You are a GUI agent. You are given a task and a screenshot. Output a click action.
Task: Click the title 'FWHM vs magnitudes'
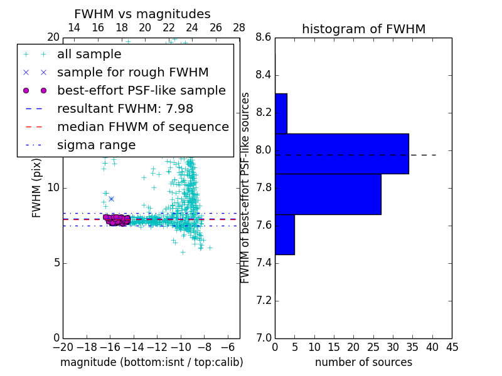tap(142, 14)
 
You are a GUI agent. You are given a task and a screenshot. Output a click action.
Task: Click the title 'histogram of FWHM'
tap(363, 29)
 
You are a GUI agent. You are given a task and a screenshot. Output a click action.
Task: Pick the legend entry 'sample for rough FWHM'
tap(132, 72)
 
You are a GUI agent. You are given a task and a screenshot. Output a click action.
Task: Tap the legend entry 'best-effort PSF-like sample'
tap(141, 90)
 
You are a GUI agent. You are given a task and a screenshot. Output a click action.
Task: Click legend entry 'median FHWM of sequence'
tap(142, 127)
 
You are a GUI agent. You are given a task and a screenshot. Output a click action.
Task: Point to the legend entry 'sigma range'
tap(96, 145)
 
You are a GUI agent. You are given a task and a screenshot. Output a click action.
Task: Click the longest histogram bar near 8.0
tap(341, 154)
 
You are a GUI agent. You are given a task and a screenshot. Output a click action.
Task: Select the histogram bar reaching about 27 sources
tap(328, 194)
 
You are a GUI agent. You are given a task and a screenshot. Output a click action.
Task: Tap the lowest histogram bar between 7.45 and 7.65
tap(284, 234)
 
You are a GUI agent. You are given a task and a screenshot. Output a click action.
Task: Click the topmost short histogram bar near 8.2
tap(280, 113)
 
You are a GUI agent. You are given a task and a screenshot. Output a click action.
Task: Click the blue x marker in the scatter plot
tap(111, 199)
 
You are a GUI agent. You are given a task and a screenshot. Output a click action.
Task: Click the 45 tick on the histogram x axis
tap(452, 347)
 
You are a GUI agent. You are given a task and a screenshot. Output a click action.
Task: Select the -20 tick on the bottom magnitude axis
tap(63, 347)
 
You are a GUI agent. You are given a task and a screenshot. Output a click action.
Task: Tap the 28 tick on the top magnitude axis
tap(239, 28)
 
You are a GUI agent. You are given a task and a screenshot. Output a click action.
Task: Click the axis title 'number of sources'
tap(363, 362)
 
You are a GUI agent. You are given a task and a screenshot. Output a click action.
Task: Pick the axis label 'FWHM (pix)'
tap(37, 188)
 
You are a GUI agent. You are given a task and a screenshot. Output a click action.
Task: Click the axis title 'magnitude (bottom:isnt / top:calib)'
tap(151, 362)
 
